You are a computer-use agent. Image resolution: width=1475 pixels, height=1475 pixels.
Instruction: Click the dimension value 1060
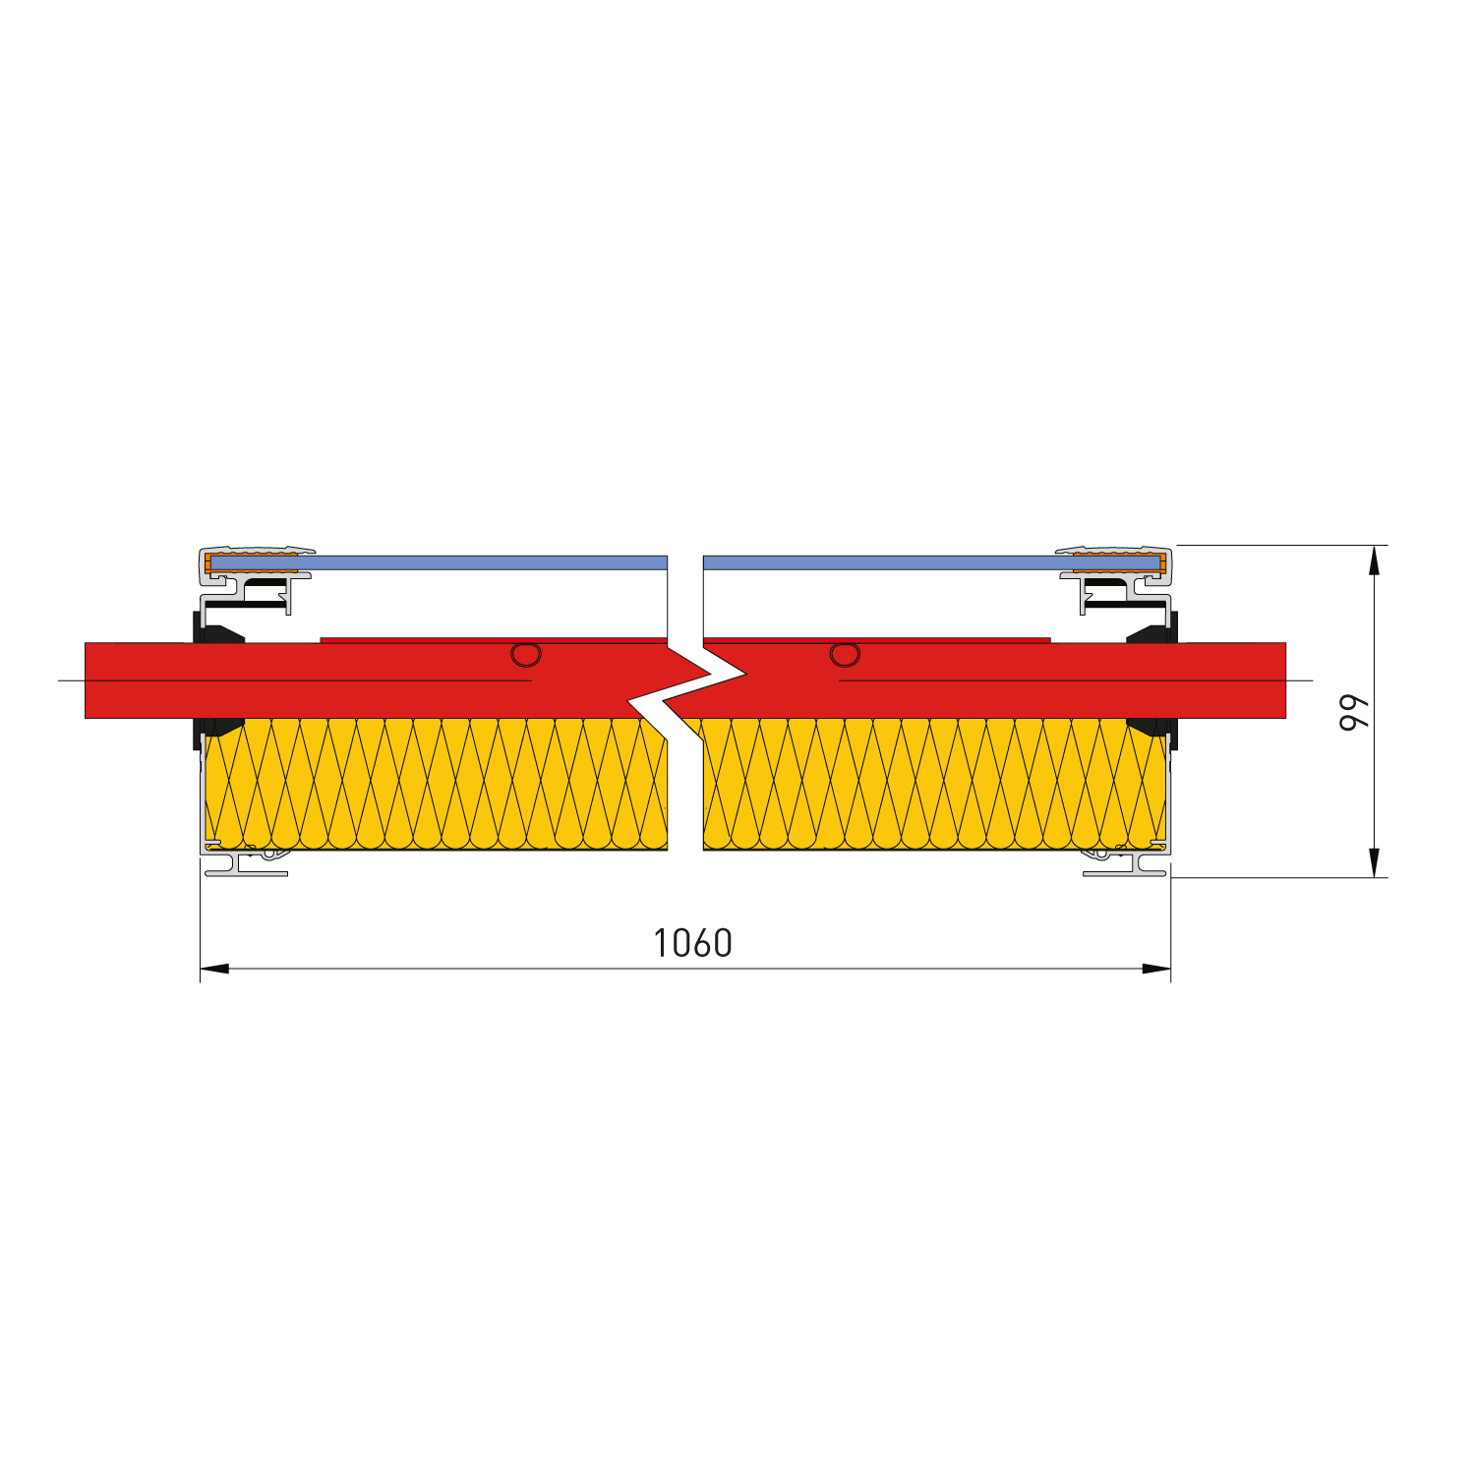[693, 943]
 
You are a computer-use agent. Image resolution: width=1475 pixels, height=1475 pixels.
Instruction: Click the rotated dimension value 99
[1354, 712]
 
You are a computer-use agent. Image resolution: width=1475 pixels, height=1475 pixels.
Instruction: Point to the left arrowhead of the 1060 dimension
[214, 969]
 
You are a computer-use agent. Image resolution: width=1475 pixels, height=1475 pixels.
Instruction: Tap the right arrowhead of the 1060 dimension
[1156, 969]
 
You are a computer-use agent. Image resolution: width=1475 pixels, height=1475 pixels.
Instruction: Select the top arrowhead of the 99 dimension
[1374, 560]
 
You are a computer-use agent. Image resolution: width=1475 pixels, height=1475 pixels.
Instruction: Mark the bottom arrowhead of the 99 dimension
[1374, 862]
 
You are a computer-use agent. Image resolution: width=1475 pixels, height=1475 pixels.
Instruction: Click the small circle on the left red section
[526, 654]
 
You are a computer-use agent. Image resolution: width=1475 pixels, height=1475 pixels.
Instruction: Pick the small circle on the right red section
[845, 654]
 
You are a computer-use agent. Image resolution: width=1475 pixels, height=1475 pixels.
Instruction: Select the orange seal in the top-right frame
[1119, 564]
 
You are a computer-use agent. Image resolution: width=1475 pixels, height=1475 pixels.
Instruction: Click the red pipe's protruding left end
[138, 679]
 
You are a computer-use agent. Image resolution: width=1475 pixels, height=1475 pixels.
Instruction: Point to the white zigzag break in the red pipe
[686, 688]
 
